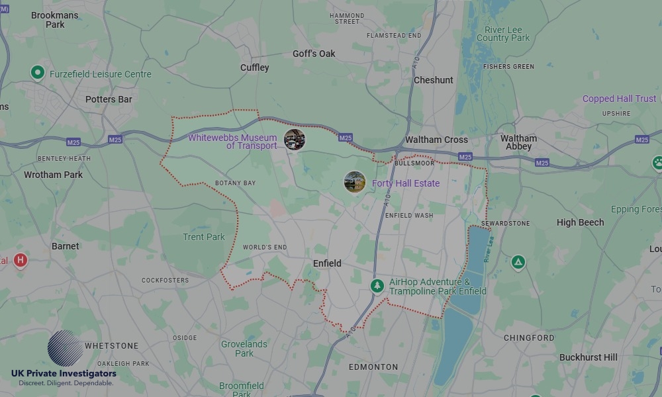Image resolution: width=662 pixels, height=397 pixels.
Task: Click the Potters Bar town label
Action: [x=109, y=99]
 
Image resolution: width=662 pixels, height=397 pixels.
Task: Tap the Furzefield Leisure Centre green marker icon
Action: [x=38, y=72]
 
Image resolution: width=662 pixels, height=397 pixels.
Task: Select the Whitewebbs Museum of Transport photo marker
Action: [x=295, y=140]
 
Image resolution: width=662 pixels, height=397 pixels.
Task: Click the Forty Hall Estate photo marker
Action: [x=355, y=182]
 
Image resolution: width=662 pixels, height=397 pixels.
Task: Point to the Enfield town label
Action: [x=327, y=263]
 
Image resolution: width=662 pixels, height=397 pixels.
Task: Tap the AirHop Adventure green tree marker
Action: [x=377, y=286]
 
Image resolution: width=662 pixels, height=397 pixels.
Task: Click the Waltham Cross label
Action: [x=436, y=140]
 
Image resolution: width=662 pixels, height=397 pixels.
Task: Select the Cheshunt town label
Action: [x=434, y=80]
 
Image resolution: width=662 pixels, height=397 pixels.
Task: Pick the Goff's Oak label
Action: [x=314, y=54]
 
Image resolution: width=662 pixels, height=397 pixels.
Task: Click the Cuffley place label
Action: [x=255, y=67]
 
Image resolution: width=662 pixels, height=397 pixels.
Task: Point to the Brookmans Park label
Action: [x=55, y=20]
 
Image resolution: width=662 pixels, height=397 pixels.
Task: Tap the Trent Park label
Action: [x=204, y=237]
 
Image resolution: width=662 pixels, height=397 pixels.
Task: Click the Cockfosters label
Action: [x=165, y=281]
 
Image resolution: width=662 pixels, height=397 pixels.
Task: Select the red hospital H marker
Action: [x=21, y=260]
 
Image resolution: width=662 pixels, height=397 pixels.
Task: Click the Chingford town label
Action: [x=529, y=337]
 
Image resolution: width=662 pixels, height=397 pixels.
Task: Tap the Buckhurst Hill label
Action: [x=588, y=357]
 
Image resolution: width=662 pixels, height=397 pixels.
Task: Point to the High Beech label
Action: [x=580, y=222]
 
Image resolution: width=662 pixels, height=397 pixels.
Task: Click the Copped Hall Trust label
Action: [x=619, y=99]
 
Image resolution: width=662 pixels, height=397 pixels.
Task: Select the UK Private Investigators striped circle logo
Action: [x=65, y=348]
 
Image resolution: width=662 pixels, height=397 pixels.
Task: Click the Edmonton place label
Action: [x=373, y=367]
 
